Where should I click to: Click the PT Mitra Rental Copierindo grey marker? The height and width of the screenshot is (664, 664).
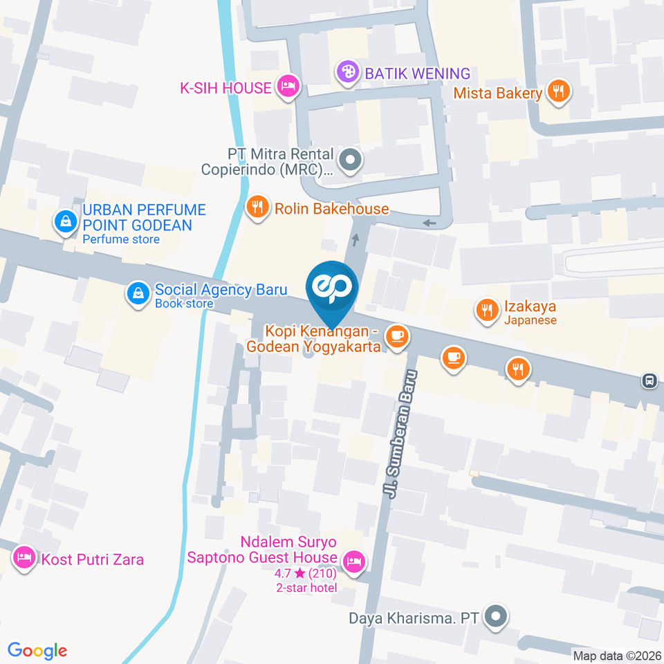point(352,161)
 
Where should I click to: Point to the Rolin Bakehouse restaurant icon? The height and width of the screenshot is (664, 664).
point(257,207)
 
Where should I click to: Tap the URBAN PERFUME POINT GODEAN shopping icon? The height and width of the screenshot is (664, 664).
point(64,222)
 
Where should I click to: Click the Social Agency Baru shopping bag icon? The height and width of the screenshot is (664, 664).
point(138,293)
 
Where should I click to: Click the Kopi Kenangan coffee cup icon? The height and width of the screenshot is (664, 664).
point(396,337)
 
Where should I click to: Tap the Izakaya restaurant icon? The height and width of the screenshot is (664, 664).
point(488,311)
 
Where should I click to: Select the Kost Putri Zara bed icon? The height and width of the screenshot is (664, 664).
point(25,557)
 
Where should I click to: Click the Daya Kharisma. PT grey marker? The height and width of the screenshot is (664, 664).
point(495,618)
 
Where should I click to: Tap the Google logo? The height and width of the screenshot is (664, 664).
point(37,650)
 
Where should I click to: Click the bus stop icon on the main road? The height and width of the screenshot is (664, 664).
point(649,380)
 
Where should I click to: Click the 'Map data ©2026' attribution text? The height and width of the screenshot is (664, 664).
point(616,655)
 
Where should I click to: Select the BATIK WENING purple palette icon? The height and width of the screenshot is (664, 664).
point(348,71)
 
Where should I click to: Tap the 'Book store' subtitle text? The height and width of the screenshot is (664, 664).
point(184,304)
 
